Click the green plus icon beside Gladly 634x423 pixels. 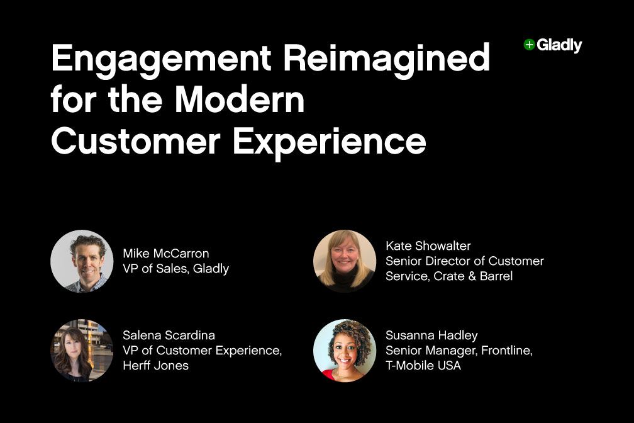point(529,45)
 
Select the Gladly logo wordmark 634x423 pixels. point(559,45)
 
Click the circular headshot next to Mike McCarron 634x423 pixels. point(82,261)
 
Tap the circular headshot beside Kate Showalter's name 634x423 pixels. point(345,261)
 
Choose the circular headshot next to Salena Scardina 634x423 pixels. point(82,350)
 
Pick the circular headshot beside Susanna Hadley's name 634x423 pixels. point(345,350)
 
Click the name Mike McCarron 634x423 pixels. point(166,254)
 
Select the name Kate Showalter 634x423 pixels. point(428,245)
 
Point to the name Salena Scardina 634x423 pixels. point(169,335)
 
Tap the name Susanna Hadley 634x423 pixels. point(431,336)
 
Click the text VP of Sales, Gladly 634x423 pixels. point(176,269)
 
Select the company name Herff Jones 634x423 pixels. point(155,365)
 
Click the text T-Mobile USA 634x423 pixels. point(423,365)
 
